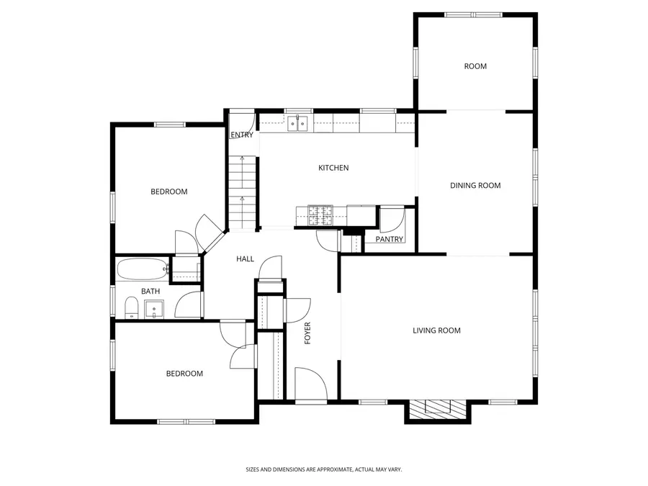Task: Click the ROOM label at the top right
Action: [475, 66]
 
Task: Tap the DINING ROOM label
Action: [475, 186]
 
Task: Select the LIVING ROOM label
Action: [436, 331]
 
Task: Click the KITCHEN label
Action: [333, 168]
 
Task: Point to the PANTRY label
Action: [390, 239]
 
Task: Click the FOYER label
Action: [308, 333]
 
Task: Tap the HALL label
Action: [246, 259]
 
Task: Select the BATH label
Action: [150, 292]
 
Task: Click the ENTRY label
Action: [241, 135]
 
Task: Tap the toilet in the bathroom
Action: [131, 308]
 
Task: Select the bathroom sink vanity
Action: [154, 310]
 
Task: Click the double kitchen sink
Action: [298, 124]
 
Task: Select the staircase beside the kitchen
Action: [242, 191]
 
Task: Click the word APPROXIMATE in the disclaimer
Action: [328, 469]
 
